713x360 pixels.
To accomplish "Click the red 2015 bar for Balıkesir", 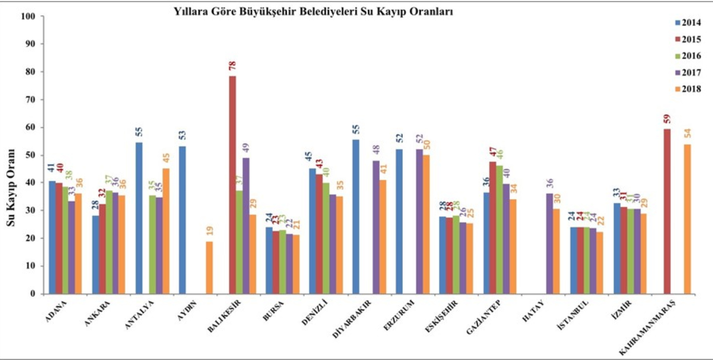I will click(232, 185).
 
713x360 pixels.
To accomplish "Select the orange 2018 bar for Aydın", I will click(209, 267).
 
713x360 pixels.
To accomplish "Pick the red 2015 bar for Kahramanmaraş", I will click(667, 211).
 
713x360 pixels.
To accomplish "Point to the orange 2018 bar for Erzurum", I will click(427, 224).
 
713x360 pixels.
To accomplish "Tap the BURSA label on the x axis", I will click(273, 309).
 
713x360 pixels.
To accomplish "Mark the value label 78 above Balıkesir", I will click(232, 66).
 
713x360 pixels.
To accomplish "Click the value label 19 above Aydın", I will click(209, 231).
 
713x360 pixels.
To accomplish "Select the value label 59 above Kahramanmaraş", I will click(667, 119).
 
